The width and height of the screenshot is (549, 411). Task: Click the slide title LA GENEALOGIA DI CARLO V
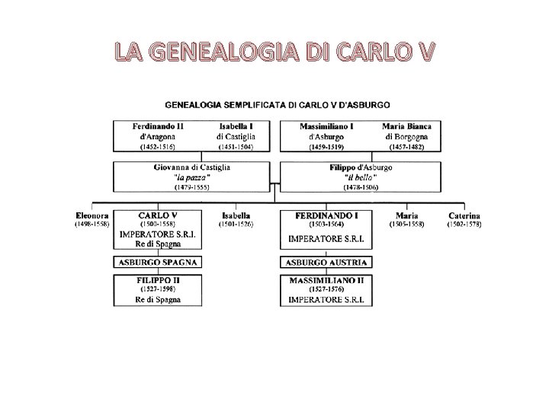(274, 53)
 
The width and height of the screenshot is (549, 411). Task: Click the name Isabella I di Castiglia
(236, 131)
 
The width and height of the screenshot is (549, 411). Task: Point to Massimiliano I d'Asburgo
(326, 131)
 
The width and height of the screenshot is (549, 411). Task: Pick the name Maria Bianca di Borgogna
(407, 131)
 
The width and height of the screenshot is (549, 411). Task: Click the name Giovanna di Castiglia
(192, 167)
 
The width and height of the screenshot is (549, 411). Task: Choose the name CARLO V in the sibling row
(158, 215)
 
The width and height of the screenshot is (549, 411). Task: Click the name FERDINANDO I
(326, 215)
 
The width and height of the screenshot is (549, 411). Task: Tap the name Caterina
(464, 215)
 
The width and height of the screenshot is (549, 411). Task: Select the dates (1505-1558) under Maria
(406, 225)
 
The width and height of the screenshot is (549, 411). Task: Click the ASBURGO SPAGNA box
(158, 262)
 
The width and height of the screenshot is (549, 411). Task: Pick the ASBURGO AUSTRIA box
(326, 262)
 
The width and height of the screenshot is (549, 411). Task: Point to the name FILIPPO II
(158, 280)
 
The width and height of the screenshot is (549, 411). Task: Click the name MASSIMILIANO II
(326, 280)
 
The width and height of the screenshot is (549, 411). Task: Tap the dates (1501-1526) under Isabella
(236, 225)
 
